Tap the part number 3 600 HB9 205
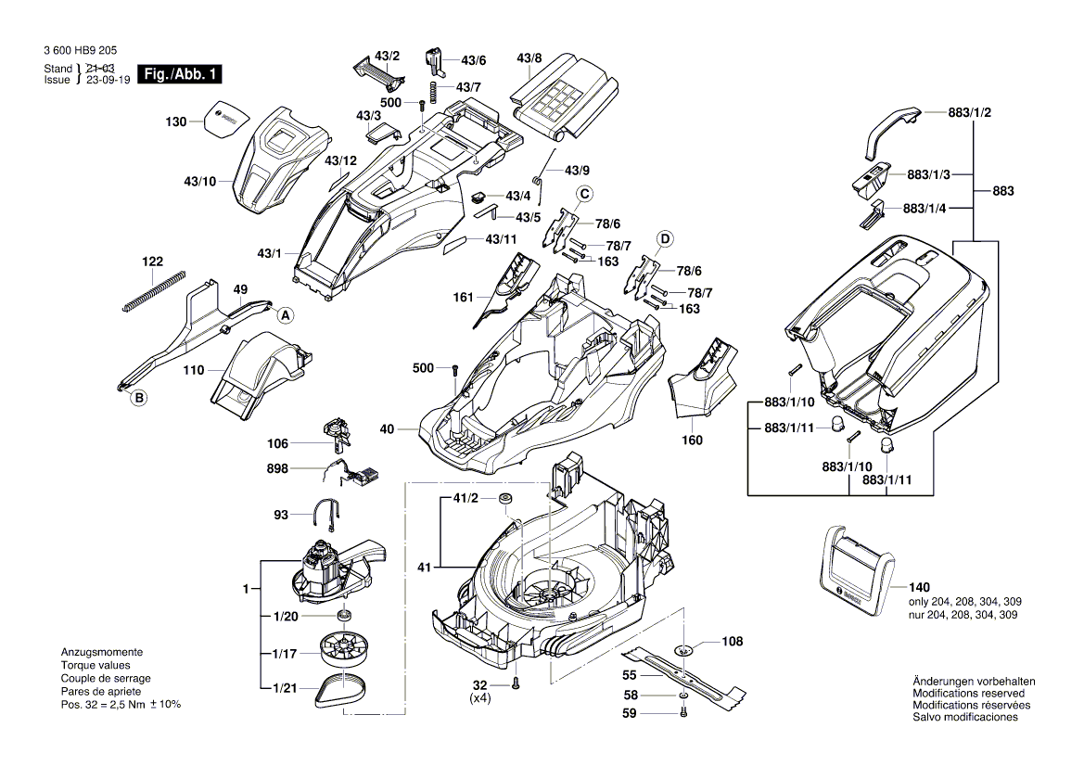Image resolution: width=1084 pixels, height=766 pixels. [80, 54]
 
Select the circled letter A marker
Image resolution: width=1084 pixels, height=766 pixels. [286, 315]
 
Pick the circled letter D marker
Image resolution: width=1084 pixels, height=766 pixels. [664, 239]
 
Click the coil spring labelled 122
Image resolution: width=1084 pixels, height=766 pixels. [153, 289]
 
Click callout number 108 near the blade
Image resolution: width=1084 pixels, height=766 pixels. [733, 640]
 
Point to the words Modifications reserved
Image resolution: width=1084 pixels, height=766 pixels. [969, 694]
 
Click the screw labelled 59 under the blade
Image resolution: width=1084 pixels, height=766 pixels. [682, 713]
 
